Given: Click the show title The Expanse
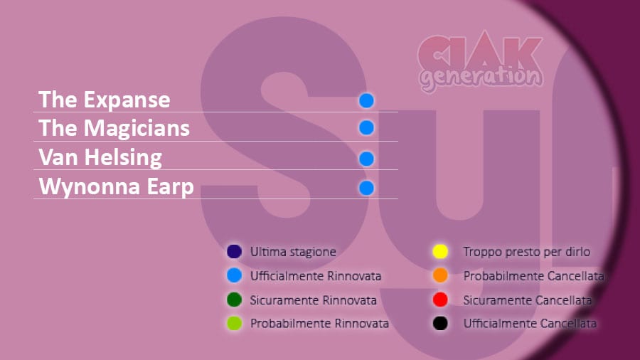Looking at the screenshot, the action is point(104,100).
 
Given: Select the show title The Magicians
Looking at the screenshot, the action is point(114,128).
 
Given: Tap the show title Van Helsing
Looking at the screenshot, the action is point(100,157).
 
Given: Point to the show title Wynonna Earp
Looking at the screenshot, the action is point(116,187).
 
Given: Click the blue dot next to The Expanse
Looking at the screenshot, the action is point(366,100).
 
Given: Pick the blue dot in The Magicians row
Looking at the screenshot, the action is point(366,128).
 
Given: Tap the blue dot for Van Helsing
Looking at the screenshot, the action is point(366,159).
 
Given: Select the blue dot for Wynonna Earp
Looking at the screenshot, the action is point(366,188).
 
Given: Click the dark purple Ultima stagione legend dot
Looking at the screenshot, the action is point(234,251).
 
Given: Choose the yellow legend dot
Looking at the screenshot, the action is point(440,251).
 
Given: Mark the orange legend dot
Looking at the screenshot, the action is point(440,275).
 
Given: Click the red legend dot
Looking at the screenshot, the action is point(440,300).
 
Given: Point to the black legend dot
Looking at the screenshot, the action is point(440,323).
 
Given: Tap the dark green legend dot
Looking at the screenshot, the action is point(234,300).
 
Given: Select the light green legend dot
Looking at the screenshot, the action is point(234,323).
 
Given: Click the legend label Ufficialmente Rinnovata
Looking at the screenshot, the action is point(316,276).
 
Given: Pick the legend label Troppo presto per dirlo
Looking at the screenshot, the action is point(526,252).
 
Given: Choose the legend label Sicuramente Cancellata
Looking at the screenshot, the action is point(528,300).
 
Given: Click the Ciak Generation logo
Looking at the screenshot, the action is point(481,61).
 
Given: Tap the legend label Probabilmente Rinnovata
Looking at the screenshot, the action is point(319,324).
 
